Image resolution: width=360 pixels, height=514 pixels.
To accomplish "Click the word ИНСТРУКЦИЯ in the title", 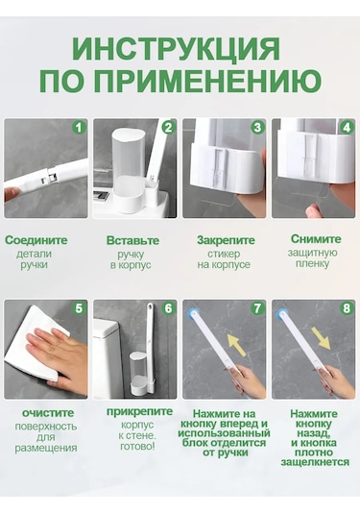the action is click(x=176, y=49).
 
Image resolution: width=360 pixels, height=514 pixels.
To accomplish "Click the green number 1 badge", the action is click(x=79, y=127).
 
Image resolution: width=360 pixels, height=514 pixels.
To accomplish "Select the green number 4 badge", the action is click(x=347, y=127).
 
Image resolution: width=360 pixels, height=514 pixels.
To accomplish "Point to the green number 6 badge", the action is click(x=168, y=308).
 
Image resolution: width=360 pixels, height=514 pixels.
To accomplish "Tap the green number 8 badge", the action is click(x=347, y=308).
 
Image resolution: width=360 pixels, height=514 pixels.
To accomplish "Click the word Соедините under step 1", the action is click(x=36, y=240).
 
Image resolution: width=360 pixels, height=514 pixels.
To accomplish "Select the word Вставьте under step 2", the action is click(x=132, y=240).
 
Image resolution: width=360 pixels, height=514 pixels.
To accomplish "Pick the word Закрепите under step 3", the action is click(x=226, y=240).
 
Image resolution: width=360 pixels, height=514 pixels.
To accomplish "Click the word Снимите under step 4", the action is click(x=316, y=239).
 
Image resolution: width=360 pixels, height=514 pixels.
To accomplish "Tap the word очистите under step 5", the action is click(x=48, y=413).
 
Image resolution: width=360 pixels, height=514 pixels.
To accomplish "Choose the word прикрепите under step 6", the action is click(x=139, y=412).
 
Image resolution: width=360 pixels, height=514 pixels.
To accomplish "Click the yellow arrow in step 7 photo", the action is click(x=236, y=345).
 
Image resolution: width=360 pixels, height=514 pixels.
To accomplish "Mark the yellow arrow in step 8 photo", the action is click(x=321, y=338).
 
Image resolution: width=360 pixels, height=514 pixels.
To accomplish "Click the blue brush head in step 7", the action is click(x=192, y=314).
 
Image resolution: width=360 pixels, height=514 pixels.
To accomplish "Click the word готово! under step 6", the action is click(x=137, y=447).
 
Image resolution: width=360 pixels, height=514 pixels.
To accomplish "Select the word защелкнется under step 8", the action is click(x=315, y=462).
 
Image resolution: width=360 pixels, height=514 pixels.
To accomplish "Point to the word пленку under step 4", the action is click(x=312, y=264).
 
